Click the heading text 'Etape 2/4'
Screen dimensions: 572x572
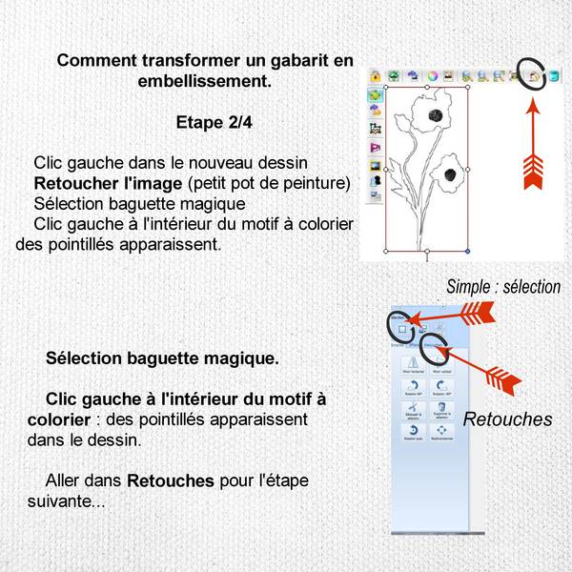[x=213, y=122]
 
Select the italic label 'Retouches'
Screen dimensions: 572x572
[x=507, y=419]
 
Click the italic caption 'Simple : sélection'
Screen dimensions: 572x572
[x=503, y=287]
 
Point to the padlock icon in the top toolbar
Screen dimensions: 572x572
[x=376, y=74]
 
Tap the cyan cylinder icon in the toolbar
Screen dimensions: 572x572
[x=555, y=74]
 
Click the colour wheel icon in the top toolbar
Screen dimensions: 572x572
[x=432, y=74]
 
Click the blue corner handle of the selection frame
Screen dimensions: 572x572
[x=467, y=252]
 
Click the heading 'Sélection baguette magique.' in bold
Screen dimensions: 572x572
[x=162, y=359]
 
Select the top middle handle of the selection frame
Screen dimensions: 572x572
[x=426, y=88]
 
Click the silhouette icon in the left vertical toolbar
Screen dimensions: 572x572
[x=376, y=179]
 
